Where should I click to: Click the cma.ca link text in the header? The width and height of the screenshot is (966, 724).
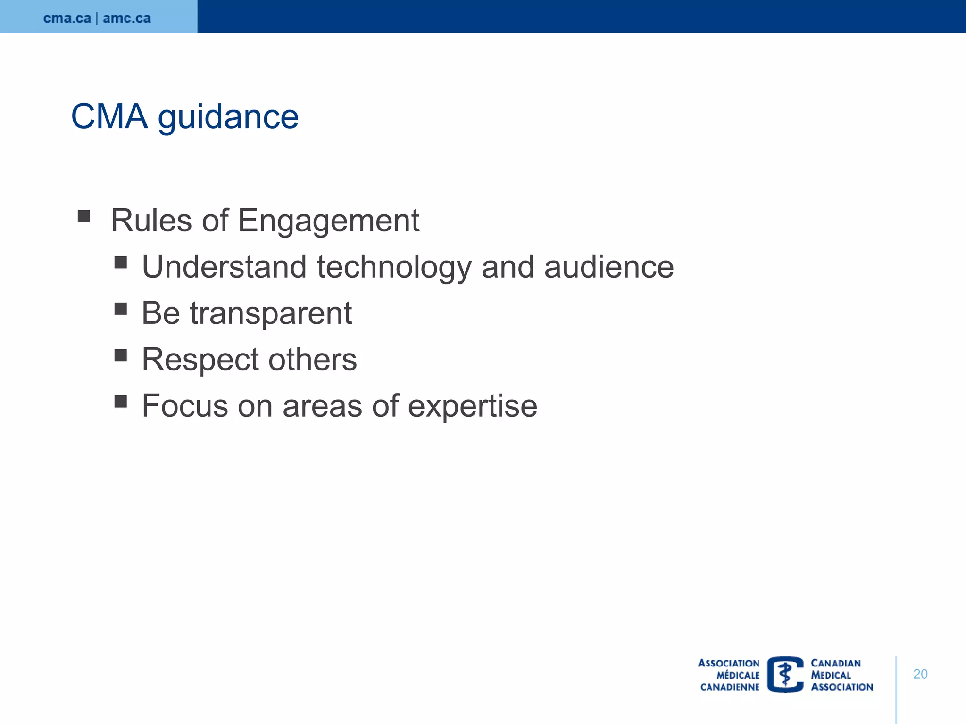pos(67,18)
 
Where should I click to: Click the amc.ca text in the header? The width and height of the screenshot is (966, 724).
pos(126,18)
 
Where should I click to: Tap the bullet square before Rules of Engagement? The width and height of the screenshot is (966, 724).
pos(84,216)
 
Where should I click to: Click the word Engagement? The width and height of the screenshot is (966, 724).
pos(328,221)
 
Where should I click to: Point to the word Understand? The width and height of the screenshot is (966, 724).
pos(224,267)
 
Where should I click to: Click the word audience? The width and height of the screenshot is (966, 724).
pos(609,267)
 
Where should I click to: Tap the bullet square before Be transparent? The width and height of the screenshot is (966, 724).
pos(121,309)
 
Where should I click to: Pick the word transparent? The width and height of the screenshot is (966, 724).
pos(271,313)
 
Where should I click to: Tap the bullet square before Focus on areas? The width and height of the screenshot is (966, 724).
pos(121,401)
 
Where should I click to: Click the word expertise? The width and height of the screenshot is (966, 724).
pos(472,406)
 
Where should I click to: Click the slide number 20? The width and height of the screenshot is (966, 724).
pos(920,674)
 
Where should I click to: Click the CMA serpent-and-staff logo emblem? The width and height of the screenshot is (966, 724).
pos(785,675)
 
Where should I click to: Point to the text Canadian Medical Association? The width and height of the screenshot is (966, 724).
pos(841,675)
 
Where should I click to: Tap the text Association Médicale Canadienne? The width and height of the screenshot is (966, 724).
pos(730,675)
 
